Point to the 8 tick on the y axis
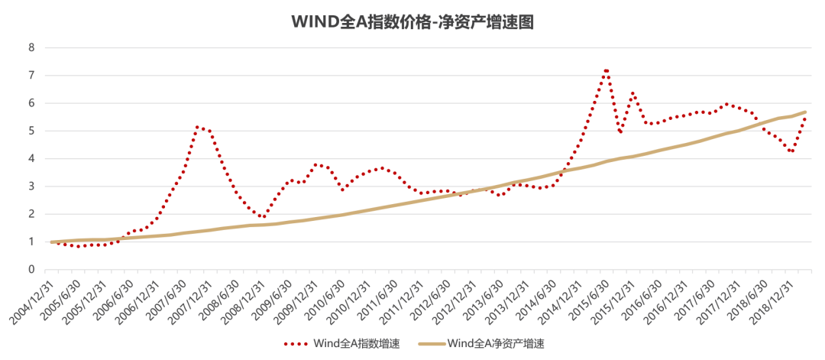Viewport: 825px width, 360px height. (x=31, y=47)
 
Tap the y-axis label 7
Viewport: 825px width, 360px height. (x=31, y=76)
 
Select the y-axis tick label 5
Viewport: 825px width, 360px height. (x=31, y=131)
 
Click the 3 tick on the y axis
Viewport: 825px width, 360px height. (x=31, y=186)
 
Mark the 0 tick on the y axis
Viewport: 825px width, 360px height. (x=31, y=270)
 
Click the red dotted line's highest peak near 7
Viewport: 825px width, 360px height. (x=606, y=71)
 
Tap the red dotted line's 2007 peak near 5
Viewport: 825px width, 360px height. (x=198, y=127)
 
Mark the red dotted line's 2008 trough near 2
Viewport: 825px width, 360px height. (x=262, y=218)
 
